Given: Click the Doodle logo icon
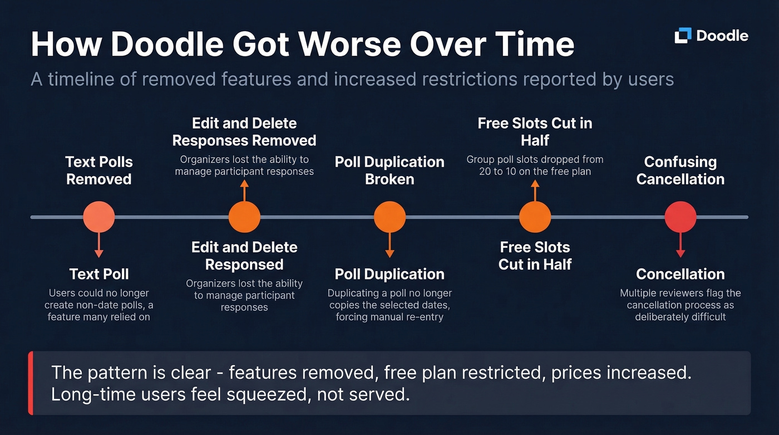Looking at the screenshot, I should tap(683, 36).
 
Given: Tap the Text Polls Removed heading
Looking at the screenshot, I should tap(99, 170).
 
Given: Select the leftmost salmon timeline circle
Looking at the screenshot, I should tap(99, 217).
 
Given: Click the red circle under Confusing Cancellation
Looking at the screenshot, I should tap(680, 217).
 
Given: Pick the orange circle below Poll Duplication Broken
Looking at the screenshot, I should tap(389, 217).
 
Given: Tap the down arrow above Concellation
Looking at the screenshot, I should tap(680, 245).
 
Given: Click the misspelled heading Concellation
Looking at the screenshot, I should tap(680, 274).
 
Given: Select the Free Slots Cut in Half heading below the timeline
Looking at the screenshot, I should tap(535, 256).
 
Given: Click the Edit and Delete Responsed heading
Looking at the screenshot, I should tap(244, 256).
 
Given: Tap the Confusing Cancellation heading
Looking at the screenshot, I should tap(680, 170).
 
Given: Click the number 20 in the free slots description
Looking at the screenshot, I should tap(485, 172).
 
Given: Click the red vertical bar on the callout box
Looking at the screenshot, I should tap(31, 383).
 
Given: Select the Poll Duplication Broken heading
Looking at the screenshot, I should tap(389, 170).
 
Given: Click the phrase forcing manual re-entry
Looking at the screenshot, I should tap(389, 317).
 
